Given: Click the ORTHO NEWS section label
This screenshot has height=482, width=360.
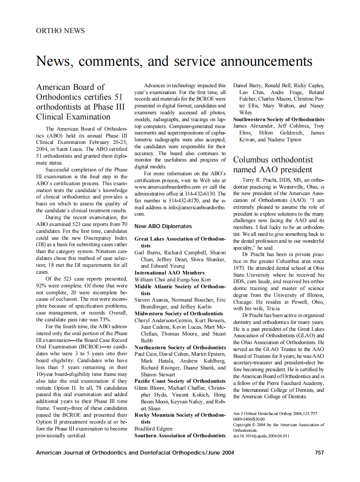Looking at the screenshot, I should click(x=60, y=31).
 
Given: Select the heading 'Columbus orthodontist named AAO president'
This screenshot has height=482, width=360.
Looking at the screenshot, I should click(x=273, y=164).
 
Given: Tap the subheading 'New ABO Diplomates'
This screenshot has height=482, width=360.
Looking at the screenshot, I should click(x=163, y=226).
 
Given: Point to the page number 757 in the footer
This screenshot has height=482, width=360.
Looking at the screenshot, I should click(x=319, y=452).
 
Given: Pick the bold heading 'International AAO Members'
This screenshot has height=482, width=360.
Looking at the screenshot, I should click(x=169, y=273).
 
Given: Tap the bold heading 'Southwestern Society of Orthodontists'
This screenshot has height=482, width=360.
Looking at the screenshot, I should click(x=278, y=119).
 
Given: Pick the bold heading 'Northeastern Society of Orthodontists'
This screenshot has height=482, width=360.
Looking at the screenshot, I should click(x=180, y=348).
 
